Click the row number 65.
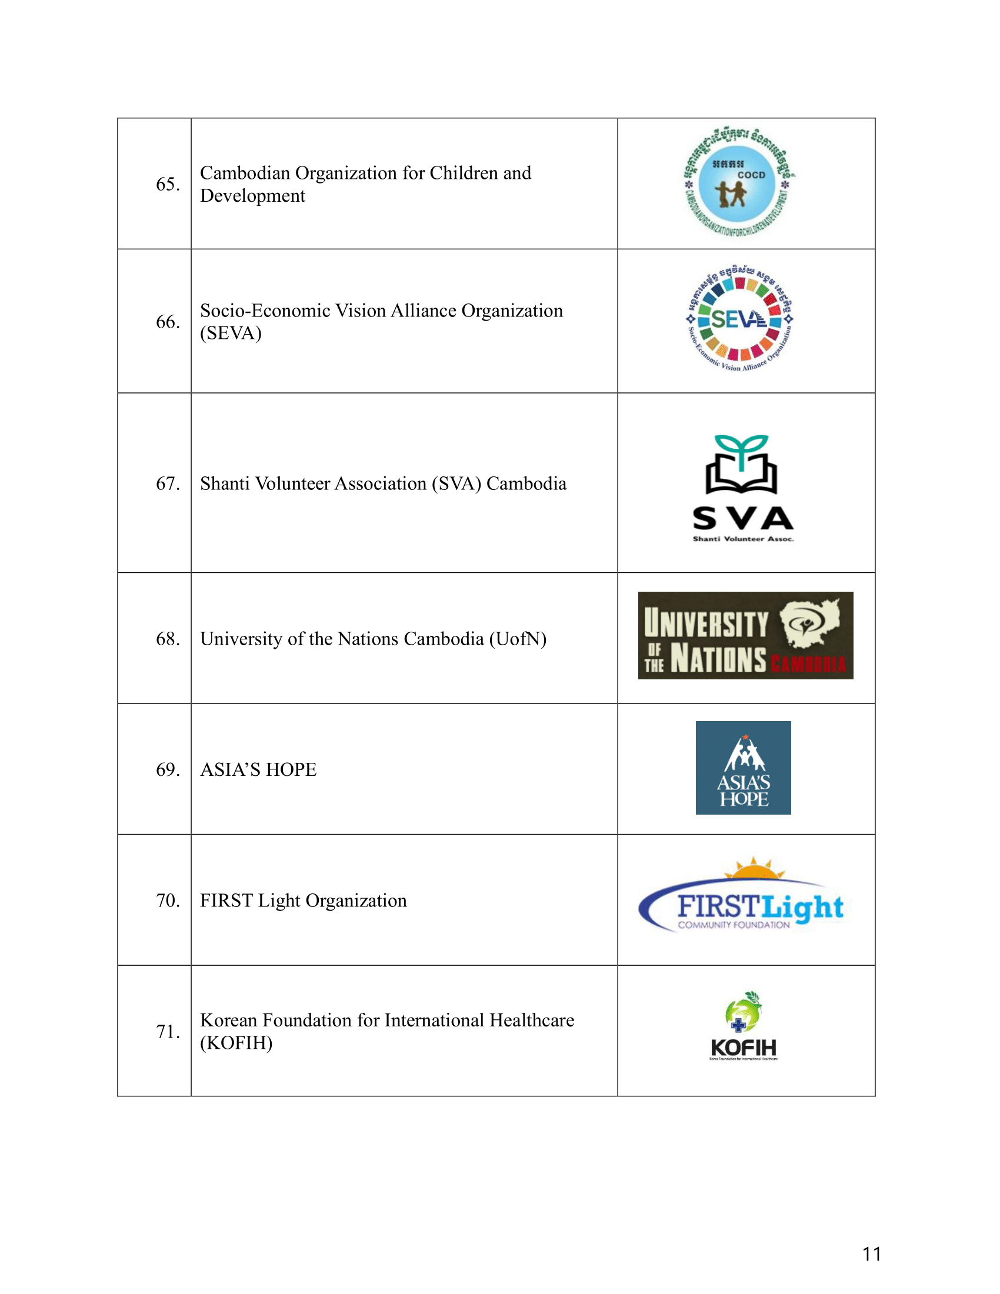tap(168, 184)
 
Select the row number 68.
tap(168, 639)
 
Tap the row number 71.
tap(168, 1032)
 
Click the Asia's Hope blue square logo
tap(743, 768)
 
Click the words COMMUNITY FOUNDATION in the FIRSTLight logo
tap(734, 925)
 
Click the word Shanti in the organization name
tap(225, 483)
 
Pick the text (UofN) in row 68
tap(517, 639)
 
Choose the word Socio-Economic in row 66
tap(265, 311)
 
